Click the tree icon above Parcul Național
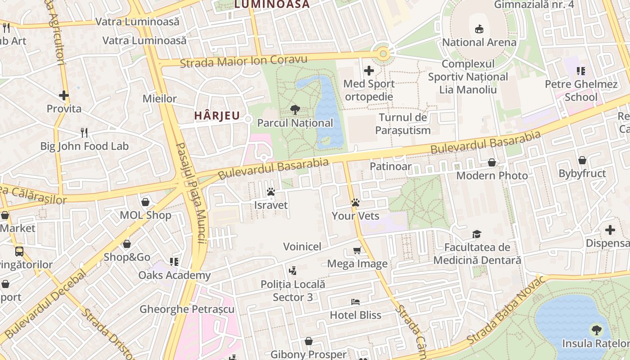coord(295,109)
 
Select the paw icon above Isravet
coord(271,192)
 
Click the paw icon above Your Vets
coord(355,203)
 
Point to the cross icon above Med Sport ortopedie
coord(369,71)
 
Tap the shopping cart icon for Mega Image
coord(357,251)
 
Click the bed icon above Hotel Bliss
coord(355,302)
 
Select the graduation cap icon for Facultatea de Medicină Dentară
coord(477,234)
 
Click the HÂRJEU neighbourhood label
coord(217,116)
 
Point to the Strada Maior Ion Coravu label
coord(243,61)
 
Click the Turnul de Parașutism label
coord(403,124)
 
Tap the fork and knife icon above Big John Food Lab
coord(84,132)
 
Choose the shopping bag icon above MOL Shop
coord(145,202)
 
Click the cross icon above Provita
coord(64,95)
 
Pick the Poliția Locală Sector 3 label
coord(292,291)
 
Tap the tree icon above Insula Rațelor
coord(597,330)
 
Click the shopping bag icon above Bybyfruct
coord(582,160)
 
